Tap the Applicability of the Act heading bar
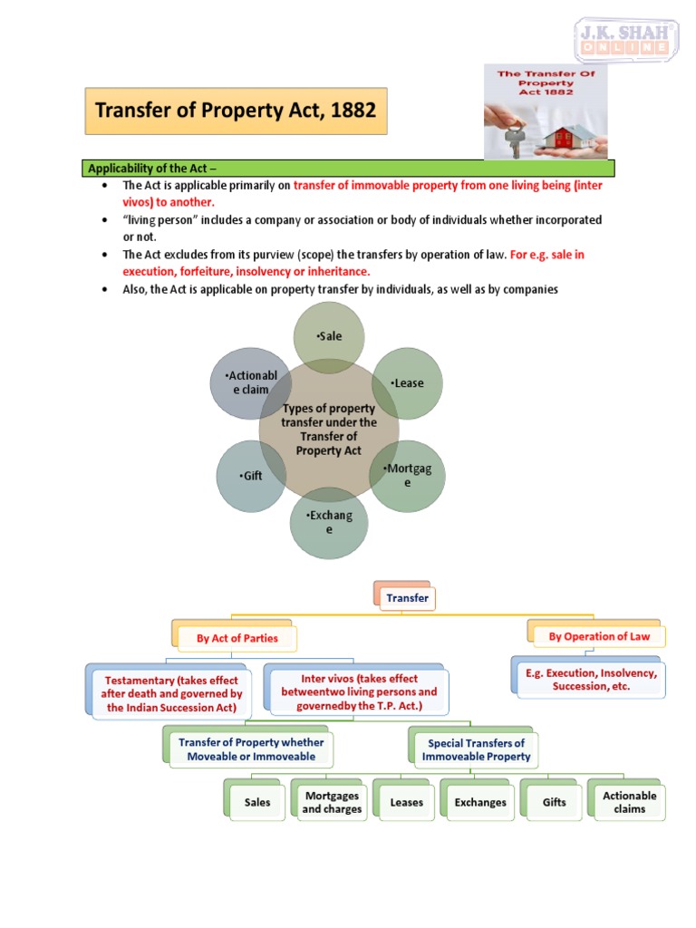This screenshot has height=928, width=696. pyautogui.click(x=349, y=169)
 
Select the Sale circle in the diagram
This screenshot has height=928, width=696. pyautogui.click(x=330, y=337)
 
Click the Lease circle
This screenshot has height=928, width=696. pyautogui.click(x=407, y=383)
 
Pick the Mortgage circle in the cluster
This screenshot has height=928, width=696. pyautogui.click(x=407, y=476)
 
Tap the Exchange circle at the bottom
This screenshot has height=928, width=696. pyautogui.click(x=329, y=522)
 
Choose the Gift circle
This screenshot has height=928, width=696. pyautogui.click(x=252, y=475)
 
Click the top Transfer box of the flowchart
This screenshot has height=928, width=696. pyautogui.click(x=407, y=598)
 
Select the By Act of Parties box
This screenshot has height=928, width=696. pyautogui.click(x=237, y=638)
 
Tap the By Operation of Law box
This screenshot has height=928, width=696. pyautogui.click(x=599, y=637)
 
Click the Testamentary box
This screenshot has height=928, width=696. pyautogui.click(x=171, y=693)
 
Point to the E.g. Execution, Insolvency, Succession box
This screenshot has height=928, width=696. pyautogui.click(x=591, y=680)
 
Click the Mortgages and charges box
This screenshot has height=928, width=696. pyautogui.click(x=331, y=802)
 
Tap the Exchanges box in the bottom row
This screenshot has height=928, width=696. pyautogui.click(x=480, y=802)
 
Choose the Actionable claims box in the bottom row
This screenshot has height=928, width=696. pyautogui.click(x=629, y=802)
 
